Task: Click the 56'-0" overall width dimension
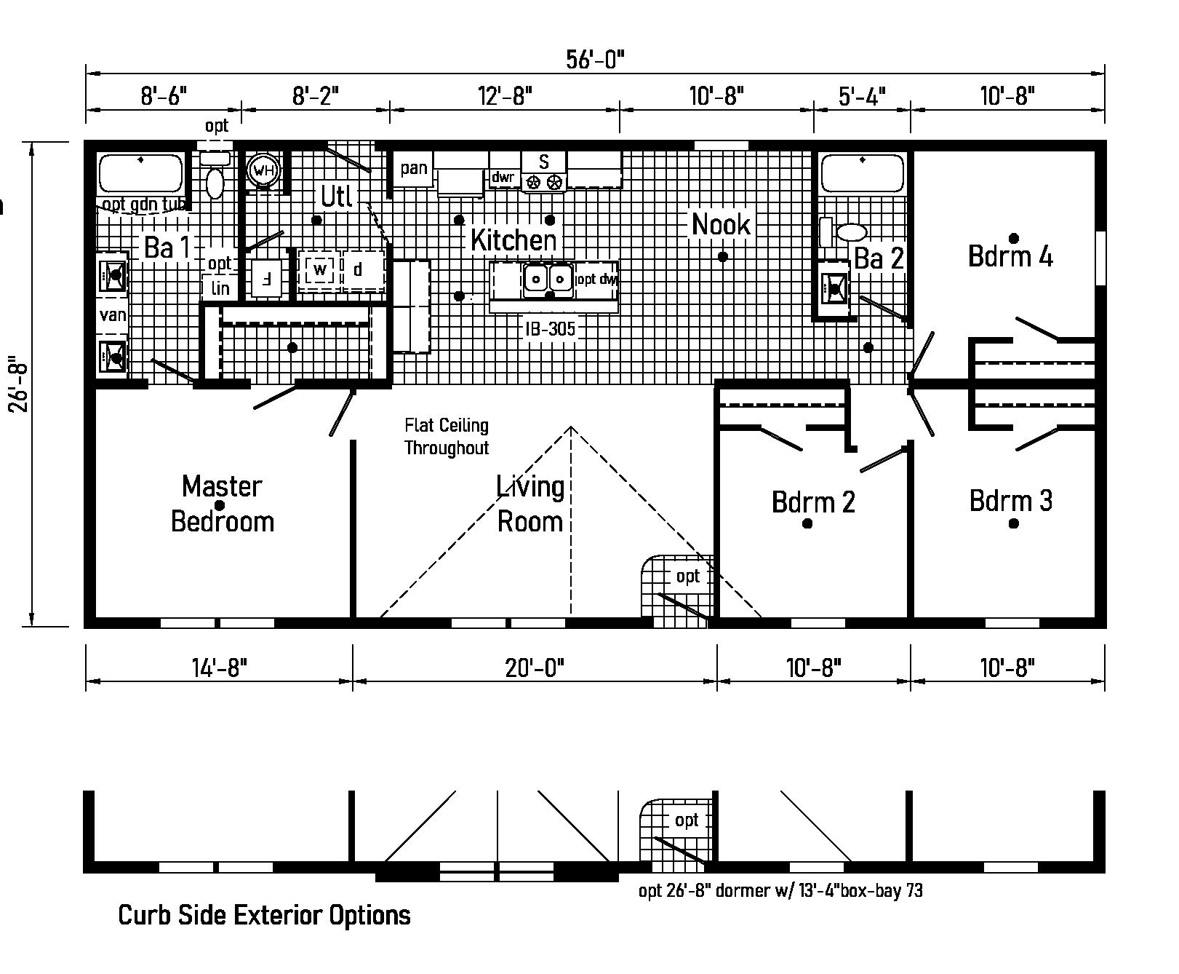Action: [x=595, y=60]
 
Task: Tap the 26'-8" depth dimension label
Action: [x=18, y=384]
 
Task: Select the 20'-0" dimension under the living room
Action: [x=535, y=667]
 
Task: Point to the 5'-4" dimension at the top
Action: [x=862, y=95]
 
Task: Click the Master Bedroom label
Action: [x=222, y=504]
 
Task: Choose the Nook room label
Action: [x=720, y=224]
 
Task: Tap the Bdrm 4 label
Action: [x=1010, y=256]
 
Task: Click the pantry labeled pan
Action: [x=414, y=169]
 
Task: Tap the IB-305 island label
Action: [x=551, y=329]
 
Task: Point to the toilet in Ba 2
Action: [x=851, y=232]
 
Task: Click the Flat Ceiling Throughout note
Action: [x=447, y=436]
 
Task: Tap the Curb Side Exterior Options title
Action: [x=264, y=915]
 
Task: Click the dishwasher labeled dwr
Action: [x=503, y=177]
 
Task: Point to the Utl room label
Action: [x=337, y=196]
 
